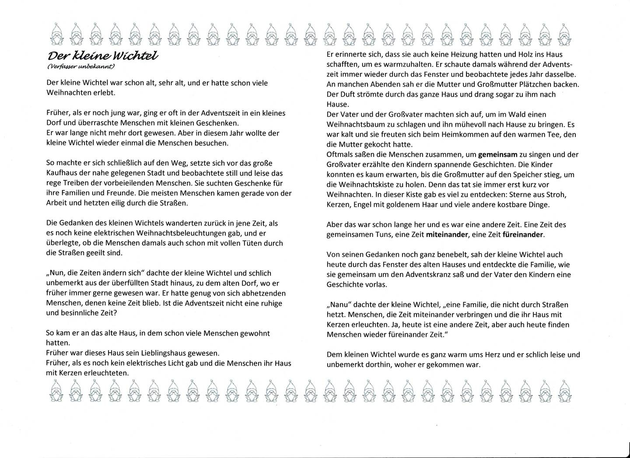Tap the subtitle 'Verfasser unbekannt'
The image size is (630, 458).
(81, 66)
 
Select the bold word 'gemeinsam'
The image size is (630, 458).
(498, 154)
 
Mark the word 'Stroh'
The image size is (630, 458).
(557, 194)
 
